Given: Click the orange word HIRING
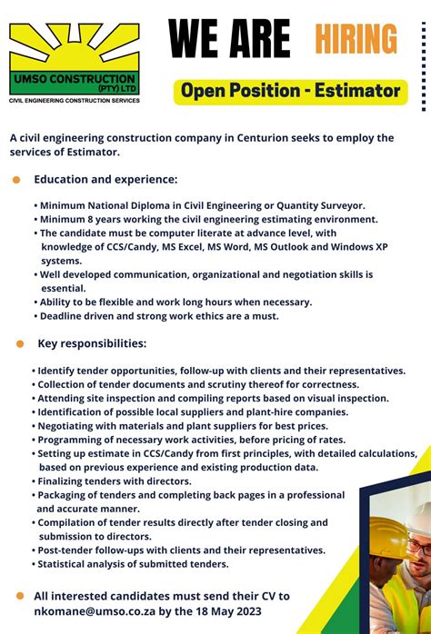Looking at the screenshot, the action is click(356, 39).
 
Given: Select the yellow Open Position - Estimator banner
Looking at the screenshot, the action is click(290, 91).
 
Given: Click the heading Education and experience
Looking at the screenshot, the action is click(105, 179).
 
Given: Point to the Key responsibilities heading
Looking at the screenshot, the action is click(91, 343).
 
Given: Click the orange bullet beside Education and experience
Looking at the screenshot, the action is click(16, 180).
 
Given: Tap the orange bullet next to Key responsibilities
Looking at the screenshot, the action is click(19, 344).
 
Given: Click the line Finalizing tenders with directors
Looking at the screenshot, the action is click(115, 480).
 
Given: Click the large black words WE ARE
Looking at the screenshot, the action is click(229, 39).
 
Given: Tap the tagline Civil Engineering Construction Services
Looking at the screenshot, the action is click(75, 101).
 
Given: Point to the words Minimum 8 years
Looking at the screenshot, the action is click(78, 219).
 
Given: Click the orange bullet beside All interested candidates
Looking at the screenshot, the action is click(19, 596).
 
